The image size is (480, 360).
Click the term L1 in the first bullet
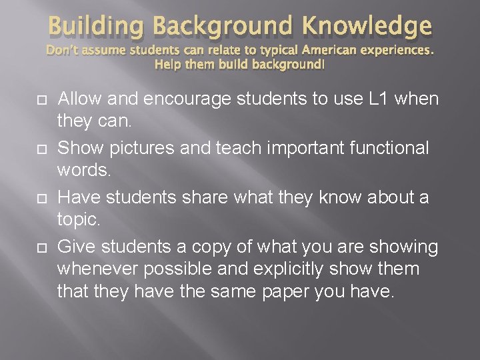[x=376, y=99]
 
